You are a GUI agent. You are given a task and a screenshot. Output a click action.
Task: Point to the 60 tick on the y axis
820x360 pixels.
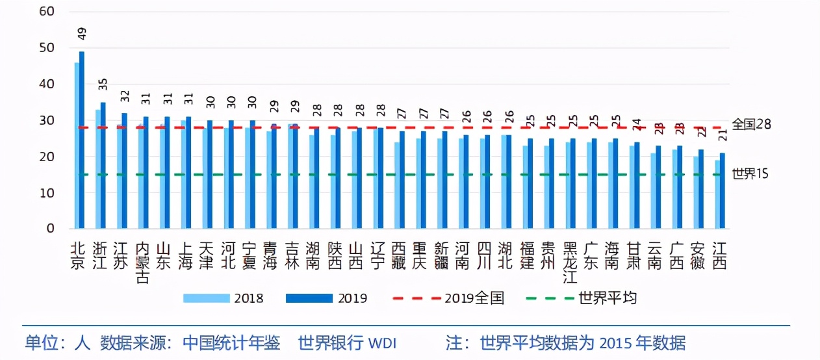click(x=47, y=12)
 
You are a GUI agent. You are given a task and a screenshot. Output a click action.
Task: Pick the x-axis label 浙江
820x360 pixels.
click(x=101, y=256)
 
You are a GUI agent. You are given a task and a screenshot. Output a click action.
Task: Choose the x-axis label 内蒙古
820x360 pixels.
click(x=143, y=263)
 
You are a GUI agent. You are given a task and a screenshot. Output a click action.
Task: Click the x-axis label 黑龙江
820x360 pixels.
click(x=570, y=263)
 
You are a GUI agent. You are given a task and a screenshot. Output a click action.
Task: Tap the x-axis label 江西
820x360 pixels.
click(x=719, y=256)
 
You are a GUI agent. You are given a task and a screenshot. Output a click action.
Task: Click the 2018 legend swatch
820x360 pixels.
click(x=206, y=298)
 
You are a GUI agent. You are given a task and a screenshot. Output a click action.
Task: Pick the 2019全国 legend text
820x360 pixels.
click(x=474, y=298)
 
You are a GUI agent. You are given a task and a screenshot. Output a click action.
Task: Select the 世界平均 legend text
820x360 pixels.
click(x=608, y=298)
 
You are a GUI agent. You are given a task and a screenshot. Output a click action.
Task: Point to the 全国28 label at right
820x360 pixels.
click(x=751, y=124)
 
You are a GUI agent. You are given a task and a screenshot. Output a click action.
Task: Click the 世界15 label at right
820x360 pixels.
click(x=750, y=175)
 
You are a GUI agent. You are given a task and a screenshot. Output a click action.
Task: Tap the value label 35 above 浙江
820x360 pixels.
click(x=103, y=84)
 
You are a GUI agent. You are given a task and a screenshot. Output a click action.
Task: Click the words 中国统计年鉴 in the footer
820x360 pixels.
click(x=231, y=342)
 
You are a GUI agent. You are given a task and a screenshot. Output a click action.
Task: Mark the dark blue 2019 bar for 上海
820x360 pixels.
click(x=188, y=173)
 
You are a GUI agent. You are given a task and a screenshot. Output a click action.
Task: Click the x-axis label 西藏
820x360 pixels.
click(x=399, y=256)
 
